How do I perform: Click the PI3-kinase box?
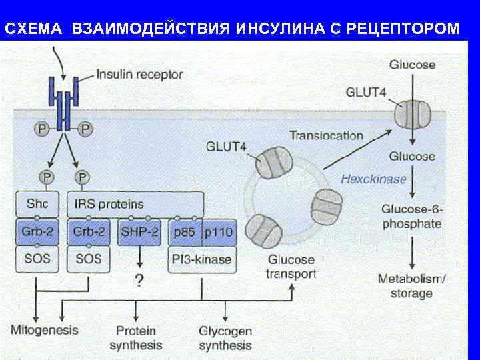(x=201, y=259)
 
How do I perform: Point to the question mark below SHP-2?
(x=139, y=281)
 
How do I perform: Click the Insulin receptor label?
(x=140, y=74)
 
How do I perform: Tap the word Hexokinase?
(x=373, y=179)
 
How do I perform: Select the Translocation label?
(x=326, y=135)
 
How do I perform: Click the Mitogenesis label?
(x=44, y=329)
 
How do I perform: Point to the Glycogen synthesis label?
(x=225, y=337)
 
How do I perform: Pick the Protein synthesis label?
(x=136, y=337)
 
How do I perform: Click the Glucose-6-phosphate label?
(x=412, y=216)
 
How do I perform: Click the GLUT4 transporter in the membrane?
(x=413, y=114)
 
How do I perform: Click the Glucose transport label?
(x=291, y=267)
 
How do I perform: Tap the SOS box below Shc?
(x=37, y=259)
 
